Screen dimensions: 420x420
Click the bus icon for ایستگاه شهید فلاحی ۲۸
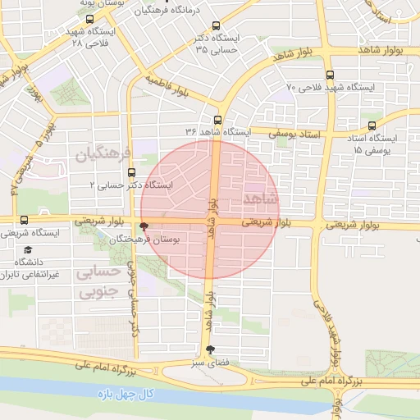coord(89,19)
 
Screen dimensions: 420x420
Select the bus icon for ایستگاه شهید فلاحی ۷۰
coord(327,72)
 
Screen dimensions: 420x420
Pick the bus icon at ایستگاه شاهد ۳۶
coord(217,118)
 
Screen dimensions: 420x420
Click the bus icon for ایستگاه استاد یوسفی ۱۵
coord(372,126)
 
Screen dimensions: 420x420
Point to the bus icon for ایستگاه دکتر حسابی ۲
coord(132,171)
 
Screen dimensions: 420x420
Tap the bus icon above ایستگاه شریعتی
coord(23,220)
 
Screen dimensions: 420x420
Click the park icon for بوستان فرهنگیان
coord(144,226)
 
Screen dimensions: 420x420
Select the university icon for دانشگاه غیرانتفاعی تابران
coord(28,249)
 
